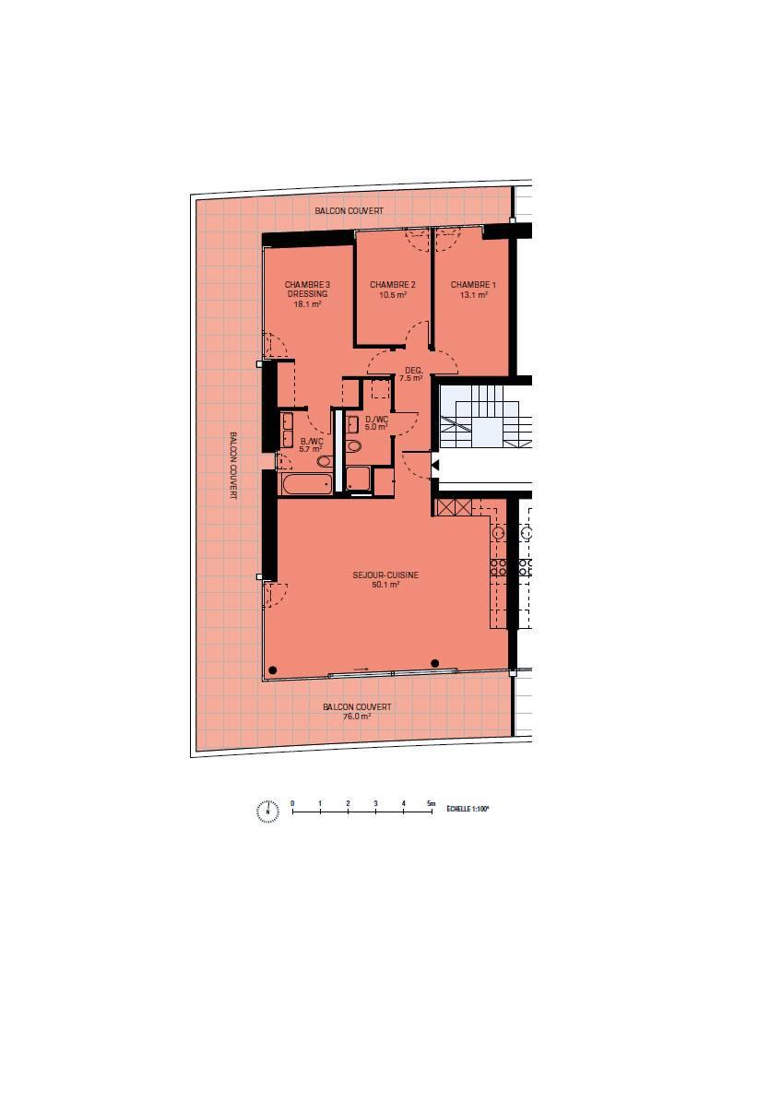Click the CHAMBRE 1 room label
click(x=473, y=285)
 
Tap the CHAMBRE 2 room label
click(x=393, y=285)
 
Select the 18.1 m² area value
click(x=307, y=304)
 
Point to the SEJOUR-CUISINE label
click(x=385, y=575)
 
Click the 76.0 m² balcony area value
click(x=357, y=717)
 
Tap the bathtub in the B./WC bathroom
click(x=306, y=483)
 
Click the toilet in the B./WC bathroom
click(x=324, y=461)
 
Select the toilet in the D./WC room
click(x=354, y=445)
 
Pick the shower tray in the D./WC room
click(x=359, y=479)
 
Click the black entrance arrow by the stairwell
click(x=435, y=465)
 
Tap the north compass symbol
click(x=267, y=811)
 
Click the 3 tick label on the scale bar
click(x=376, y=802)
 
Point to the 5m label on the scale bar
click(x=432, y=802)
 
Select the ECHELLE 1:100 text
click(x=468, y=809)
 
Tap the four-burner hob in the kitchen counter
click(x=499, y=567)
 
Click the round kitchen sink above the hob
click(x=499, y=533)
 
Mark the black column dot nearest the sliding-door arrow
click(x=435, y=663)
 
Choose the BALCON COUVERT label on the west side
click(x=233, y=466)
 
